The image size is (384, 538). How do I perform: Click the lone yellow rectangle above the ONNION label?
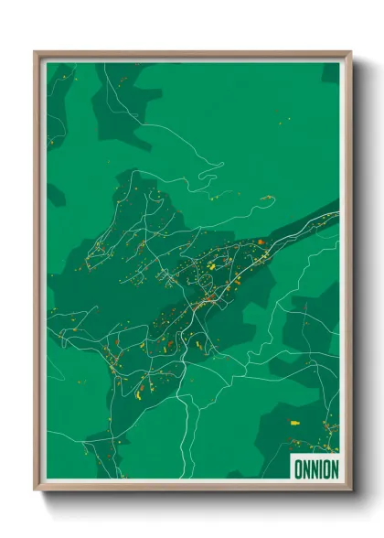tap(295, 423)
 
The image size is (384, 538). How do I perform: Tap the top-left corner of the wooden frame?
tap(36, 52)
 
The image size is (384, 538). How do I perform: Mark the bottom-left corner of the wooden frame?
tap(36, 490)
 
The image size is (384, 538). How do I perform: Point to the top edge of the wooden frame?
tap(192, 53)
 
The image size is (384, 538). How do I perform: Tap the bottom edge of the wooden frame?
tap(192, 490)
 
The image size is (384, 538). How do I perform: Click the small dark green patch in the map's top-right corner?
tap(330, 72)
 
